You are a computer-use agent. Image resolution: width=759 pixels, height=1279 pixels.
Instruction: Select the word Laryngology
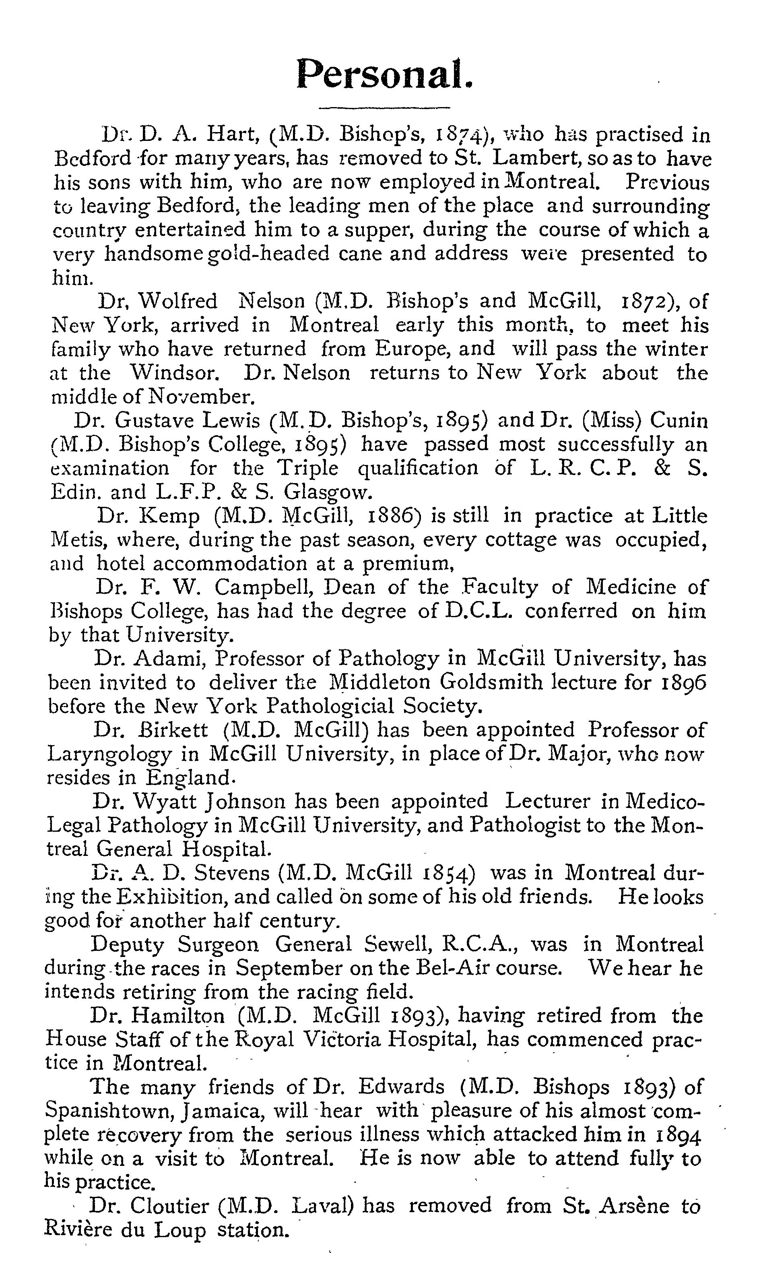[x=109, y=754]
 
